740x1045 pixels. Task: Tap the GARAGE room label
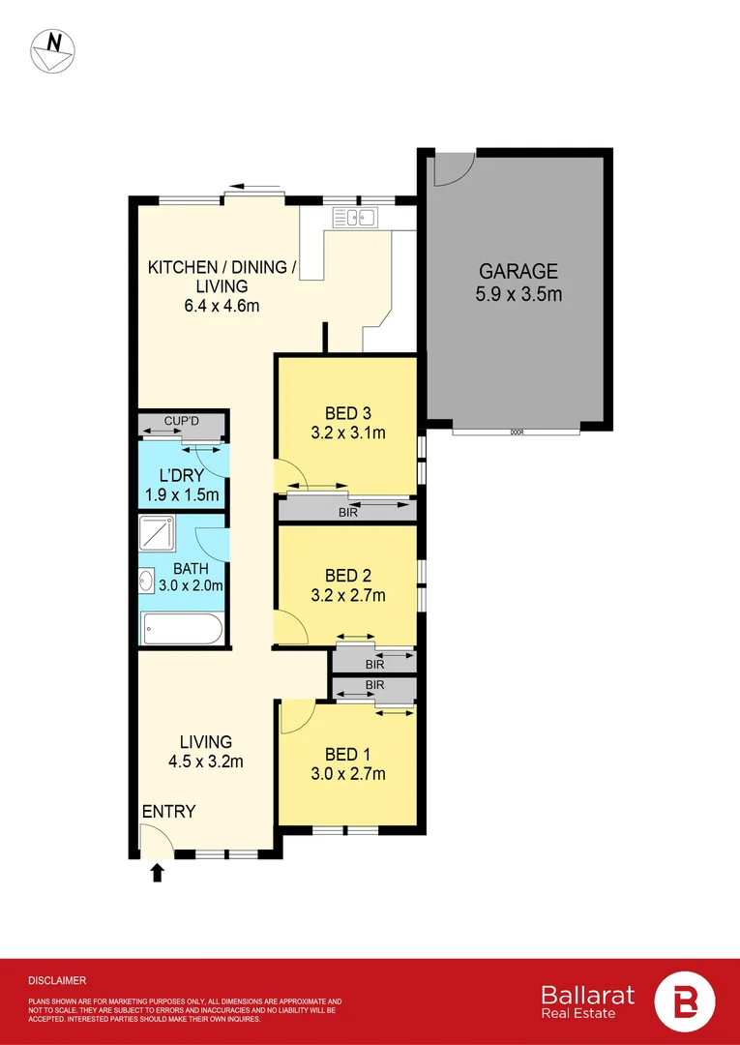click(518, 271)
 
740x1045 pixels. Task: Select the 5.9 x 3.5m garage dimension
click(518, 293)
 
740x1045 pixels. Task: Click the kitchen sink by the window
click(354, 218)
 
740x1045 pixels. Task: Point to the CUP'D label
click(181, 422)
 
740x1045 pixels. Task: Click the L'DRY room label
click(181, 476)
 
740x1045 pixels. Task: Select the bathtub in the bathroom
click(182, 630)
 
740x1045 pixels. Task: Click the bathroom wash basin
click(148, 581)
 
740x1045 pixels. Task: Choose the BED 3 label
click(347, 412)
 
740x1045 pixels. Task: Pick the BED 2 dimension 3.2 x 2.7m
click(347, 595)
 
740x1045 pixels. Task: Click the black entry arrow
click(157, 874)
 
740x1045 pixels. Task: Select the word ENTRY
click(169, 811)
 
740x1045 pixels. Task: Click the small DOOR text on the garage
click(517, 433)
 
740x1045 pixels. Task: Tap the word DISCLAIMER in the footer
click(57, 980)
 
